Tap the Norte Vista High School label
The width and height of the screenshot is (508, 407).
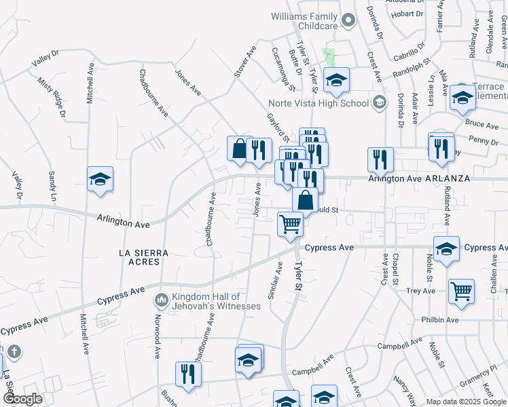pos(318,103)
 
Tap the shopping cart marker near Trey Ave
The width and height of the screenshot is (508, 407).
pos(461,290)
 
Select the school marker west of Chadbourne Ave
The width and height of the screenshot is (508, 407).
pos(101,180)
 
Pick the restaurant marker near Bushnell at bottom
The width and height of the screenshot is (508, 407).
pos(187,373)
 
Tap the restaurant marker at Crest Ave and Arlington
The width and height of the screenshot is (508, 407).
pos(380,159)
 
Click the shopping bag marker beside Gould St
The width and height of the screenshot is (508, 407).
pos(306,200)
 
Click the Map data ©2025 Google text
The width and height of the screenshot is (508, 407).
pos(465,402)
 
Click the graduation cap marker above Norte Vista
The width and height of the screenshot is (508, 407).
pos(335,81)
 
